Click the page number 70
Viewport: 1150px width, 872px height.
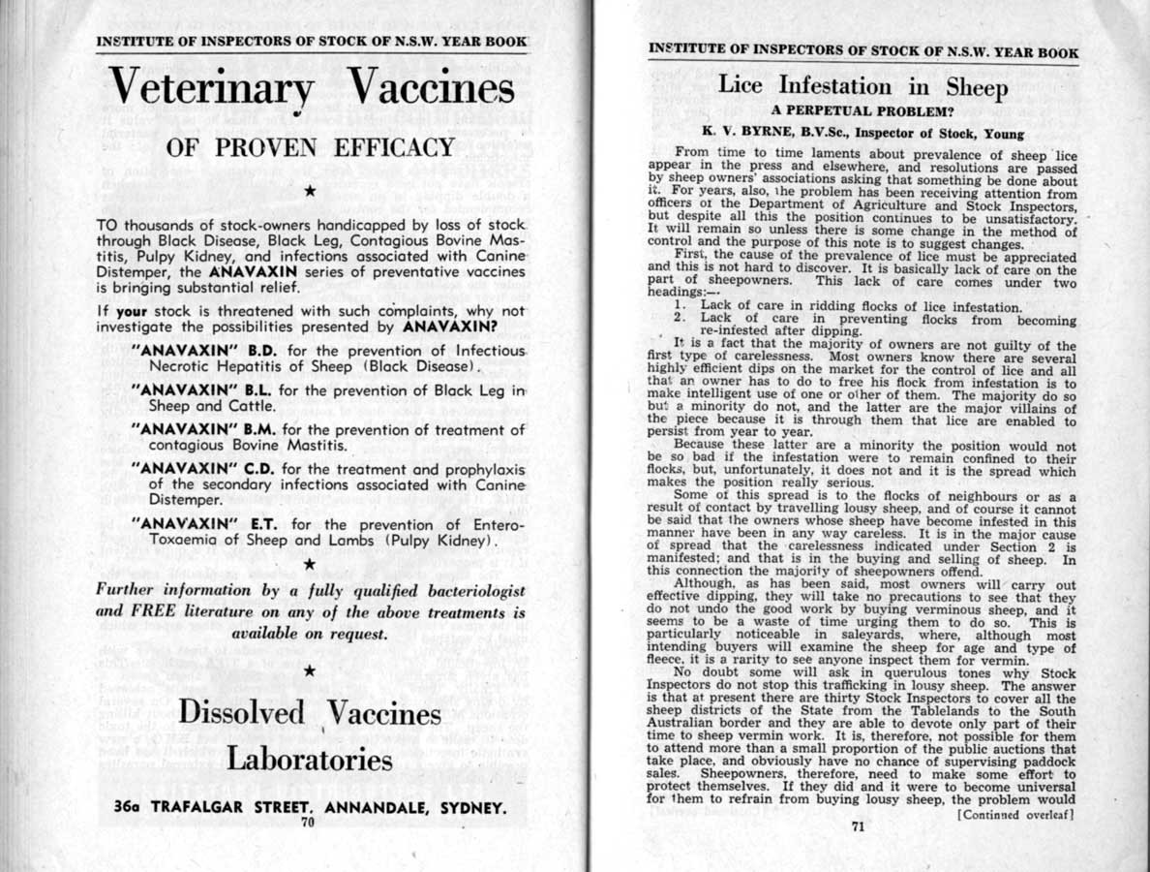[308, 823]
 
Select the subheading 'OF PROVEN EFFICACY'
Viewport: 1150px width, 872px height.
[310, 148]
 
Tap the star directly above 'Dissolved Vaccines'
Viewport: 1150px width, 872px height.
[309, 670]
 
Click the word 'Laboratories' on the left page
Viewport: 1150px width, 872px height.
[310, 760]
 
